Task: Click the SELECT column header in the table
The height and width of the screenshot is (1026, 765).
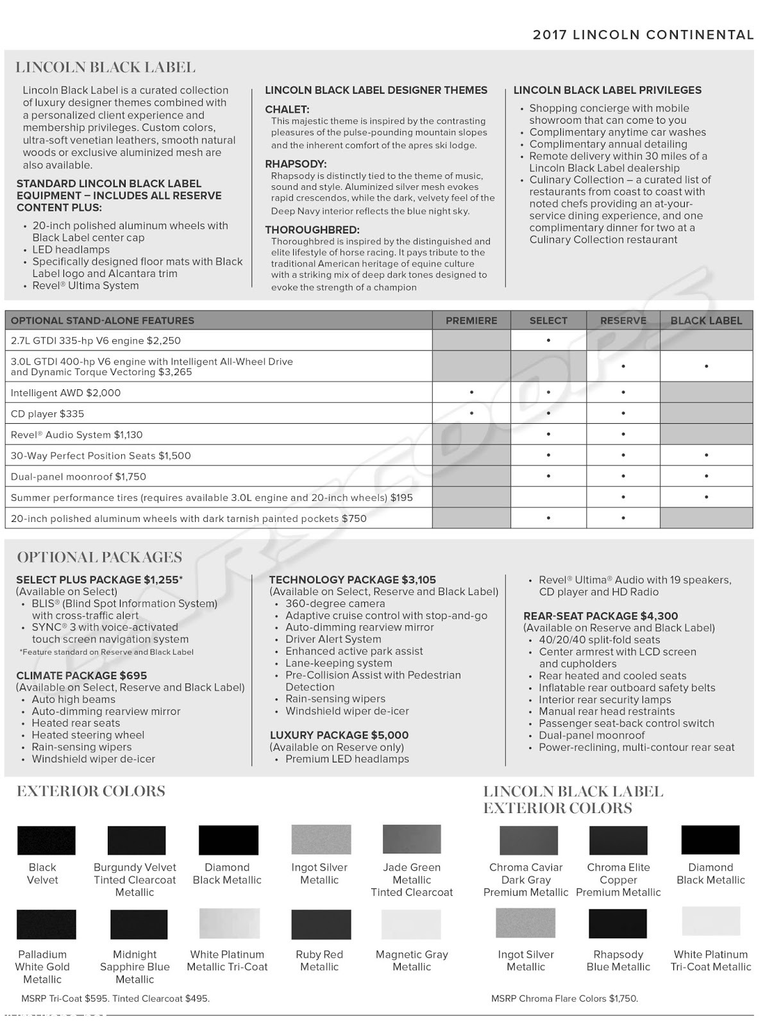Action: coord(548,321)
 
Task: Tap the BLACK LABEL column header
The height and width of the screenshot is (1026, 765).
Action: coord(706,321)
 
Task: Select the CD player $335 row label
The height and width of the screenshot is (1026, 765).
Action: coord(47,414)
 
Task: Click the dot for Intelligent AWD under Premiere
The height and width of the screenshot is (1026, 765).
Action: coord(471,392)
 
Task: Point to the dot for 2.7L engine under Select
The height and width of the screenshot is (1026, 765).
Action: coord(548,341)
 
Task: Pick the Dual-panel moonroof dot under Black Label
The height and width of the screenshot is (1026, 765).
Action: coord(706,476)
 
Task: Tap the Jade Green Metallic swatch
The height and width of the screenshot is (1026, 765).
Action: coord(412,839)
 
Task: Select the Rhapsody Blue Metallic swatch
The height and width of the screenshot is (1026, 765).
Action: coord(618,923)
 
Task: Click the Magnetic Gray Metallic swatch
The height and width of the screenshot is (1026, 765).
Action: coord(411,924)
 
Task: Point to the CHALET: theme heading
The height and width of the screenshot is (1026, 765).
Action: coord(287,110)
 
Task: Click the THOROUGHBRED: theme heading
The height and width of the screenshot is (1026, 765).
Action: coord(312,230)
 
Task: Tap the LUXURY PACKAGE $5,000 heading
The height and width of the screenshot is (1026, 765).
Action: coord(339,735)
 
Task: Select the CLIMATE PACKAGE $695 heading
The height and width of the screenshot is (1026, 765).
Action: coord(81,675)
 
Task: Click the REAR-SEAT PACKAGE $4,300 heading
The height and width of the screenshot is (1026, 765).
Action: coord(600,616)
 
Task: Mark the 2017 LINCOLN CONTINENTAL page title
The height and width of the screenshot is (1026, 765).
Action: coord(643,35)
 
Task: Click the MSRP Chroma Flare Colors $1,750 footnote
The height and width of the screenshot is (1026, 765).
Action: coord(564,998)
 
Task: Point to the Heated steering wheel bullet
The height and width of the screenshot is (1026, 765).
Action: coord(88,735)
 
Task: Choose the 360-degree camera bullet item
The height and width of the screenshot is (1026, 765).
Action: coord(335,603)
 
